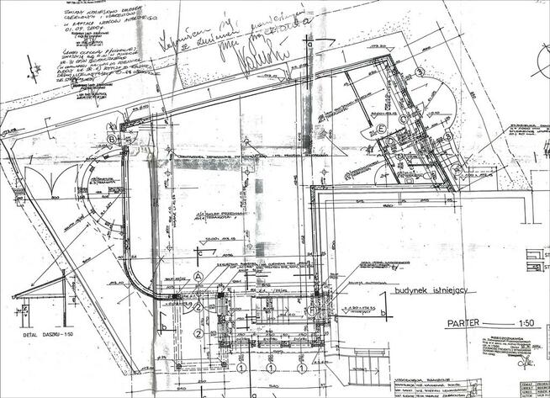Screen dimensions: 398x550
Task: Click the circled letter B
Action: [111, 140]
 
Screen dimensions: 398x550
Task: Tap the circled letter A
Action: [198, 276]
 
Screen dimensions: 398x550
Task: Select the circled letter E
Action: [380, 129]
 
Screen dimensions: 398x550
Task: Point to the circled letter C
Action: [403, 119]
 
